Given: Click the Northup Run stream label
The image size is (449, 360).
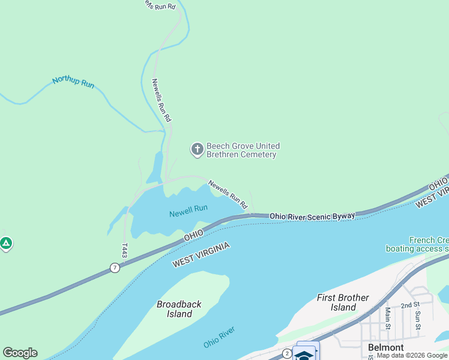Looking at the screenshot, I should pos(73,82).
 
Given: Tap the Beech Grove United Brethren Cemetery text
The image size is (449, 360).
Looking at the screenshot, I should pos(242,150).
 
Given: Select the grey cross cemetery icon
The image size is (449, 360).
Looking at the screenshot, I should pos(197,149).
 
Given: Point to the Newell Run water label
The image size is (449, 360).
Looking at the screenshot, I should pos(188,211).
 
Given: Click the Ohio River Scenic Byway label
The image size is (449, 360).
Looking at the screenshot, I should pos(312,215).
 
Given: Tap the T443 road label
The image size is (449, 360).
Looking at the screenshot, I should pos(124,251).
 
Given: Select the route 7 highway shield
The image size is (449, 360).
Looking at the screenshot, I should pos(115,268).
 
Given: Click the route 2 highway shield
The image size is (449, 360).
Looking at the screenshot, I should pos(287,353).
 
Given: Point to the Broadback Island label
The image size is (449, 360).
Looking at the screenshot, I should pos(179,309).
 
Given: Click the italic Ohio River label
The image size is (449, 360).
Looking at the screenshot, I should pos(218,337).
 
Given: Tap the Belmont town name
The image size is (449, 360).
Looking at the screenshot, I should pos(385,347).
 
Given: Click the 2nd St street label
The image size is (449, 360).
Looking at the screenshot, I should pos(410,305).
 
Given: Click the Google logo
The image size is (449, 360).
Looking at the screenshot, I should pos(20,353).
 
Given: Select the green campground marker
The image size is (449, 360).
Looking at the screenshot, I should pos(6,244).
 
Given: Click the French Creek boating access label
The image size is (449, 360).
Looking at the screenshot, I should pos(417,244).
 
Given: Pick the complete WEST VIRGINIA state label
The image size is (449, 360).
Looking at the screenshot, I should pos(202,256).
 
